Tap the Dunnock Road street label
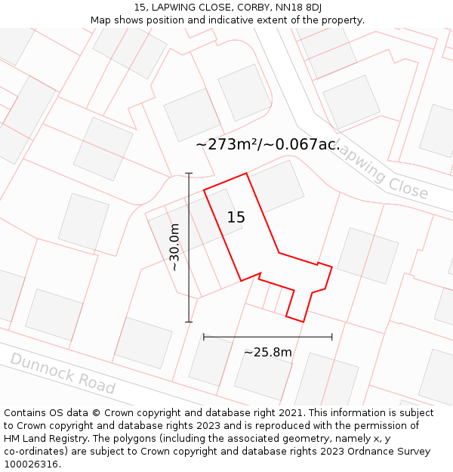pos(63,372)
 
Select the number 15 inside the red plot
pos(236,217)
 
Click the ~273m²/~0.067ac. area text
pos(268,144)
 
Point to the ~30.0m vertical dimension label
pos(174,248)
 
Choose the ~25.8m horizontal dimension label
pos(267,352)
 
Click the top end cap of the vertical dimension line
pos(189,174)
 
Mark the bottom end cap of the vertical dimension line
pos(189,322)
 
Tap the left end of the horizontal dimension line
pos(204,337)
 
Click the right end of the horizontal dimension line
pos(331,337)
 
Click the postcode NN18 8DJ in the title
pos(299,7)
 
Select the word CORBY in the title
pos(251,7)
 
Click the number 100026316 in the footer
pos(31,464)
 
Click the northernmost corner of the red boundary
pos(246,174)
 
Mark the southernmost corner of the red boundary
pos(303,322)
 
